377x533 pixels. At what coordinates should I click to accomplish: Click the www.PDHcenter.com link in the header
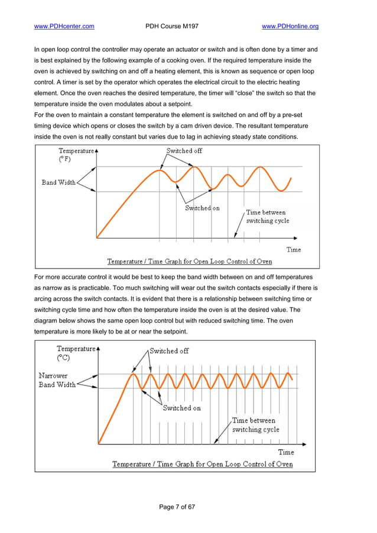[64, 26]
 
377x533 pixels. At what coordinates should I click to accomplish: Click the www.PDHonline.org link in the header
[290, 26]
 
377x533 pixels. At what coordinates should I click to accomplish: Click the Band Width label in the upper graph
[58, 182]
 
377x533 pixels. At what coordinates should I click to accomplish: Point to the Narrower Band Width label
[57, 380]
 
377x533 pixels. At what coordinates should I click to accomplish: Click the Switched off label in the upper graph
[184, 151]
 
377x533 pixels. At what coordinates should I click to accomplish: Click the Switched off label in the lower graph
[169, 351]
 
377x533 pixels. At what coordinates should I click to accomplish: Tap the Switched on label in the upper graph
[202, 208]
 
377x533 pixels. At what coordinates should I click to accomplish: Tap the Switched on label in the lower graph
[182, 408]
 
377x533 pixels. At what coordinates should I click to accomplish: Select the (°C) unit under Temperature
[63, 358]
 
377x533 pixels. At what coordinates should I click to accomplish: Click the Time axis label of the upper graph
[294, 250]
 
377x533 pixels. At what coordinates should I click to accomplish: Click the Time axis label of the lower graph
[286, 452]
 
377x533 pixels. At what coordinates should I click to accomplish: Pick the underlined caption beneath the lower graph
[202, 464]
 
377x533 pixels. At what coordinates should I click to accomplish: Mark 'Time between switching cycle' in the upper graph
[266, 217]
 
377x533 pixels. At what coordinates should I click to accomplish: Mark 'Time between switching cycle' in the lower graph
[255, 425]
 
